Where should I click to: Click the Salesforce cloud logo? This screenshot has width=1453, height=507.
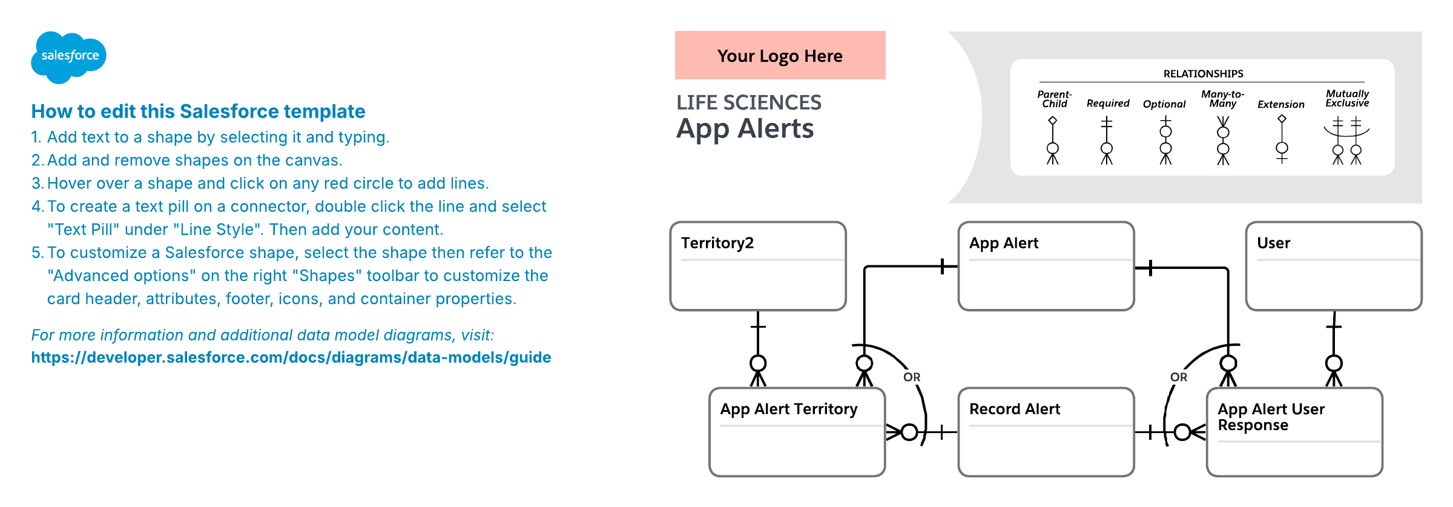coord(68,56)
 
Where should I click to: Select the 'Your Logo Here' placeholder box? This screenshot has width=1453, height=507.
coord(780,56)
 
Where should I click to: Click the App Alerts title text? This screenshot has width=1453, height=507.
coord(745,128)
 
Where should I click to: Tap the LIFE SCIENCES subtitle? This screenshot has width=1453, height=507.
coord(749,102)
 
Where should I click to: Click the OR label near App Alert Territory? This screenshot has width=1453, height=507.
coord(912,377)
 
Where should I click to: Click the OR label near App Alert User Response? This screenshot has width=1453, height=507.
coord(1179,377)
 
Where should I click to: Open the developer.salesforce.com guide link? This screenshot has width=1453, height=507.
coord(291,357)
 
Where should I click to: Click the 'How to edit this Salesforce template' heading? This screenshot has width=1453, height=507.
coord(198,111)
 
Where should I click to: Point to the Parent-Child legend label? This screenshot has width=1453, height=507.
coord(1054,99)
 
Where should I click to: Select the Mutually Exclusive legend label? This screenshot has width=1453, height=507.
coord(1347,98)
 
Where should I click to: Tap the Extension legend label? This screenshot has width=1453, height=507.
coord(1281,104)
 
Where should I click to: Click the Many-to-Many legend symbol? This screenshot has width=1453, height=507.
coord(1223,141)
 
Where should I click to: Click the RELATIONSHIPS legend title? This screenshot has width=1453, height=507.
coord(1203,74)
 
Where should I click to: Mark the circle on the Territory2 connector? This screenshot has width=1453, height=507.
coord(758,363)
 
